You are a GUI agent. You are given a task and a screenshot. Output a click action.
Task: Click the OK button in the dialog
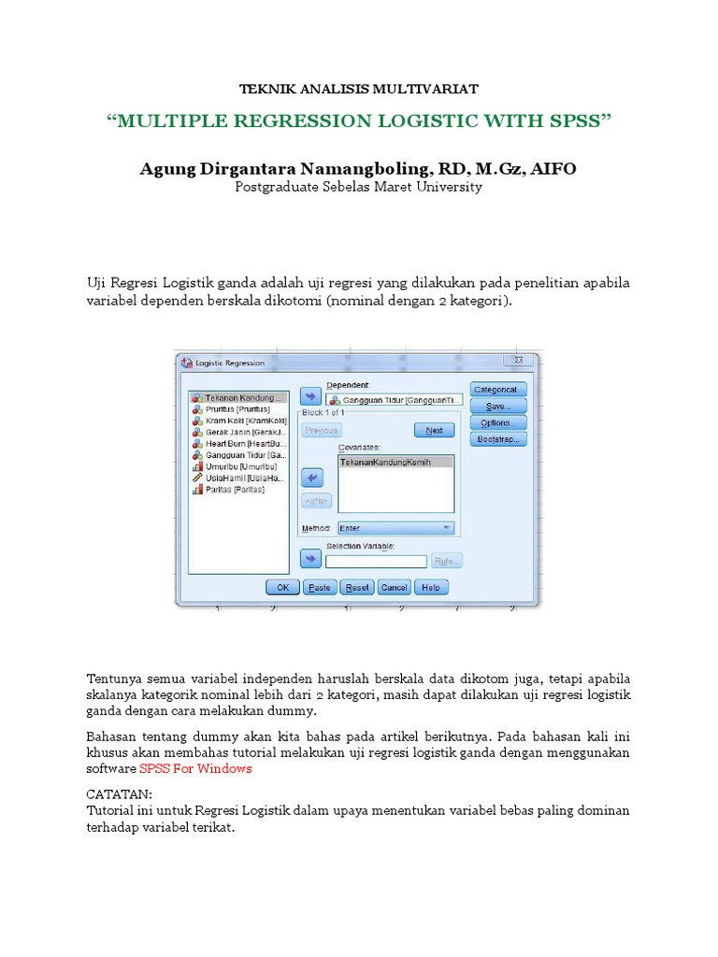[x=282, y=588]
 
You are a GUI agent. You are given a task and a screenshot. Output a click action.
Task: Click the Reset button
[x=357, y=588]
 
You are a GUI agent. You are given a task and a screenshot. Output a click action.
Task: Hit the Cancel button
[x=394, y=588]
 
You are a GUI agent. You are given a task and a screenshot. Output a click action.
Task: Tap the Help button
[x=430, y=588]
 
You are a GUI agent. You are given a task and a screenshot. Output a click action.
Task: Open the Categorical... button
[x=498, y=390]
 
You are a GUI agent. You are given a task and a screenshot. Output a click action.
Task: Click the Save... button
[x=498, y=407]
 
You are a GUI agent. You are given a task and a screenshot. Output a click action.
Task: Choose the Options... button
[x=498, y=422]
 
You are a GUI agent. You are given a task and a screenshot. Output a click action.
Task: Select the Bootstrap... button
[x=498, y=438]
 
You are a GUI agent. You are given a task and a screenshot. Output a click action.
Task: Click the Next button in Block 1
[x=434, y=430]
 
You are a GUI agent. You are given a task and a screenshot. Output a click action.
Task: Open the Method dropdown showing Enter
[x=395, y=528]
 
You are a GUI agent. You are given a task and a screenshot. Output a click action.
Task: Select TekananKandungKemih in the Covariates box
[x=385, y=463]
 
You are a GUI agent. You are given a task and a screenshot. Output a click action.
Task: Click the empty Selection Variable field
[x=376, y=561]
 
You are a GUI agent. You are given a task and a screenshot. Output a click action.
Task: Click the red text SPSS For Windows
[x=195, y=768]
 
